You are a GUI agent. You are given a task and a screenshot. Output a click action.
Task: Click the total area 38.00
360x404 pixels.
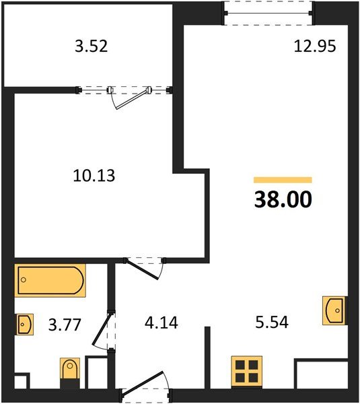pyautogui.click(x=283, y=200)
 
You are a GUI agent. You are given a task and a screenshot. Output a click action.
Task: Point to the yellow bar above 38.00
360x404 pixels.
pyautogui.click(x=283, y=180)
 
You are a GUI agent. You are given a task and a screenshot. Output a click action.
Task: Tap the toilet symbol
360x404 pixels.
pyautogui.click(x=70, y=372)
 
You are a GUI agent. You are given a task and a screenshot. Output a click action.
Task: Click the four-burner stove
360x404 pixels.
pyautogui.click(x=246, y=371)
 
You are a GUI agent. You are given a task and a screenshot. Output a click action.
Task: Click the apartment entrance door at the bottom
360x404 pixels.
pyautogui.click(x=145, y=393)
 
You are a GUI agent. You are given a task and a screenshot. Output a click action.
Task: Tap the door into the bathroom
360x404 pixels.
pyautogui.click(x=108, y=329)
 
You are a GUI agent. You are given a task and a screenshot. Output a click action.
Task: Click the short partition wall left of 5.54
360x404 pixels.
pyautogui.click(x=207, y=357)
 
